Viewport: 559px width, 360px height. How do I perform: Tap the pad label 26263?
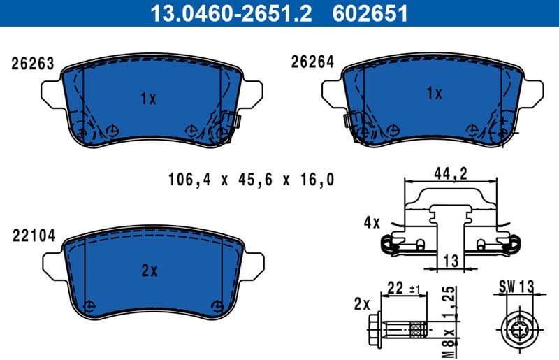(32, 64)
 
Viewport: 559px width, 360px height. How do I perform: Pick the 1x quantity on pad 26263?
(147, 99)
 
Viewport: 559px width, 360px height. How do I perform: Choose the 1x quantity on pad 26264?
(435, 93)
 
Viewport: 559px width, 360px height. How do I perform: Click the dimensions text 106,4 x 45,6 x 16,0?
(251, 180)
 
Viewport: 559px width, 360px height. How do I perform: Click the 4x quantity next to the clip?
(371, 224)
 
